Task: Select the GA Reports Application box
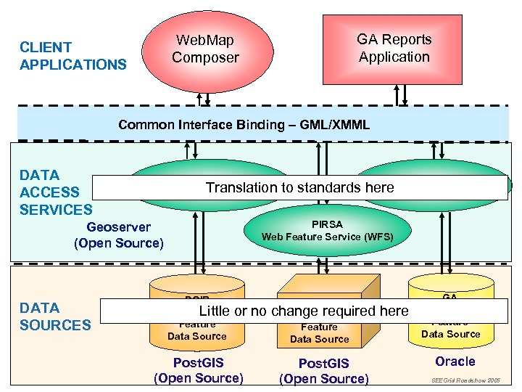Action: coord(394,48)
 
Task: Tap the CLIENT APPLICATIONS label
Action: coord(72,56)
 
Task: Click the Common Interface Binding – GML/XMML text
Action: coord(244,125)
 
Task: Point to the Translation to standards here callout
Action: coord(299,187)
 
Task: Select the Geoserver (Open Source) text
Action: coord(119,235)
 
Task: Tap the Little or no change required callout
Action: coord(304,311)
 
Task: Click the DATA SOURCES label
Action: coord(55,316)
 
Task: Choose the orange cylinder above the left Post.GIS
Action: coord(196,330)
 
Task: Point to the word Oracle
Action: coord(455,362)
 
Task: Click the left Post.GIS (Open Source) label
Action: coord(199,370)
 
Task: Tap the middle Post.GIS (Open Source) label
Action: coord(323,371)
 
